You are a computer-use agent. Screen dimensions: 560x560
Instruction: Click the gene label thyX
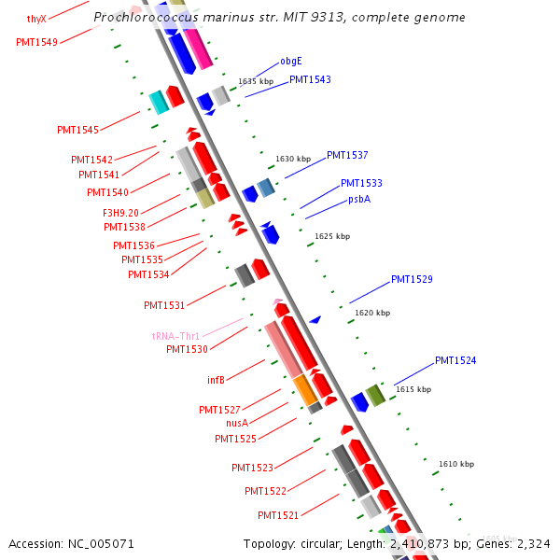36,19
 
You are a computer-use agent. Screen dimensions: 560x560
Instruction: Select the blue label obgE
291,62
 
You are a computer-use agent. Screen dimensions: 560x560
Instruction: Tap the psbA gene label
359,199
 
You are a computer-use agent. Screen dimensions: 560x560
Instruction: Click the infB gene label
216,380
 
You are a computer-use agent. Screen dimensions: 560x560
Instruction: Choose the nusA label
237,423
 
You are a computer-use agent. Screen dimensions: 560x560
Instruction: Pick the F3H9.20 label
120,213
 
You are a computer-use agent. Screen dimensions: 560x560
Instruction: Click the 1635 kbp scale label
255,82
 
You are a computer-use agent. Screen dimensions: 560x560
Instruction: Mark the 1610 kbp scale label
456,464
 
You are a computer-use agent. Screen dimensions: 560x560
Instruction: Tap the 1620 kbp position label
372,313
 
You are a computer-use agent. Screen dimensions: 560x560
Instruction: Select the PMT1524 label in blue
455,360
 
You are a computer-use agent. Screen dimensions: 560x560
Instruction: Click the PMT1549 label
36,42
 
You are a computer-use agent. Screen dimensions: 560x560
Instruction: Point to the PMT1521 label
278,515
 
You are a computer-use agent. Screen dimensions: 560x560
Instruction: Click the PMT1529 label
412,279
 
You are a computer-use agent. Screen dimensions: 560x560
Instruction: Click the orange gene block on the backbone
305,390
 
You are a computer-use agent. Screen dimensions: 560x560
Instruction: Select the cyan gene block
159,103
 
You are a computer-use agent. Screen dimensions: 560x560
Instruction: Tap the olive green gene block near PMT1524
375,395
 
